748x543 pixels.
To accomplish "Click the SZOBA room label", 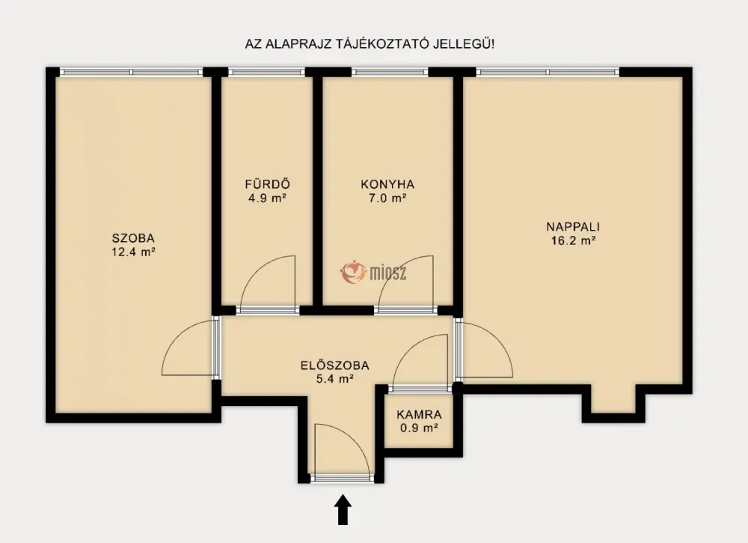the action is click(x=133, y=237).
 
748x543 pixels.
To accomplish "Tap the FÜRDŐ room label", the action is click(x=267, y=183).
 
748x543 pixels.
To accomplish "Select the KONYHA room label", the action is click(x=387, y=184).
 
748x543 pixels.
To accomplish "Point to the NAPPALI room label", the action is click(x=573, y=227).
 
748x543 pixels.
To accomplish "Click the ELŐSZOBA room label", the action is click(x=335, y=365).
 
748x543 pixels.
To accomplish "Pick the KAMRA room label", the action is click(x=420, y=415).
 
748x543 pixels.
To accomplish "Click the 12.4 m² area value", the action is click(x=134, y=252).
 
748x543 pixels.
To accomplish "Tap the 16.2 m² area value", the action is click(x=573, y=240).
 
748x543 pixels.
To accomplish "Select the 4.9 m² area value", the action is click(x=267, y=198).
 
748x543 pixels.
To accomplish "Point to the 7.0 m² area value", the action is click(x=387, y=198).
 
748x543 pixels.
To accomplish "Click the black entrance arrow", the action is click(x=343, y=510).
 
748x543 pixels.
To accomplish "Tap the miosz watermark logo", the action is click(x=373, y=273).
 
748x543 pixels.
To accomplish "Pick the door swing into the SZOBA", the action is click(x=177, y=337).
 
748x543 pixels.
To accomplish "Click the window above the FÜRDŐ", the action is click(x=267, y=72).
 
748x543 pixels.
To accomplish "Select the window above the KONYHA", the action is click(x=390, y=72).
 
